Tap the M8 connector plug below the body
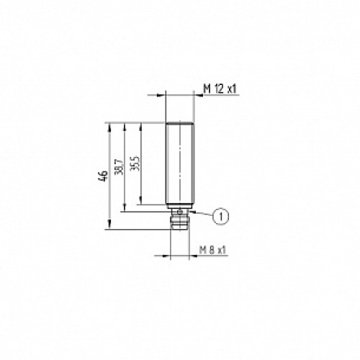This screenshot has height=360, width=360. pos(181,220)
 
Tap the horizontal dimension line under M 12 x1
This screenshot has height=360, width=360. pos(180,94)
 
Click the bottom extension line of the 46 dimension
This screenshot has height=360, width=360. pos(137,230)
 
